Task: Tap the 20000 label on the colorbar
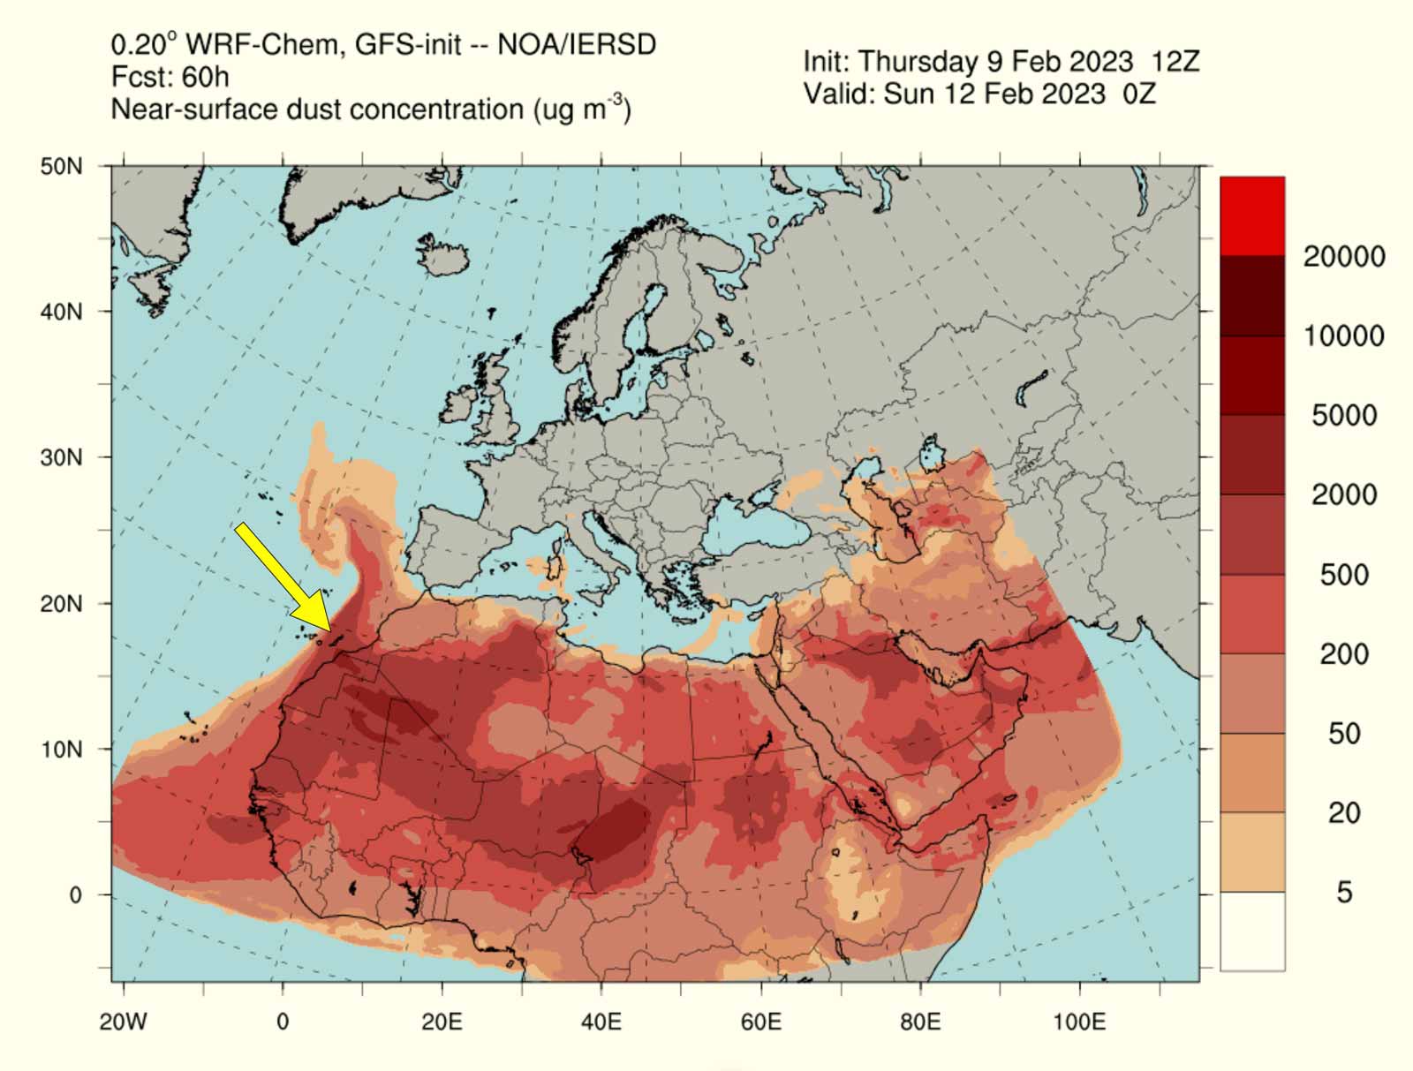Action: tap(1343, 257)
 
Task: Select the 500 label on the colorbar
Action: tap(1343, 575)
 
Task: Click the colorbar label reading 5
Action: tap(1343, 893)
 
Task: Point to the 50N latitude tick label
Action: tap(61, 167)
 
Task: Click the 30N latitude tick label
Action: tap(61, 457)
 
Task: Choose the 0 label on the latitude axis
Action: tap(75, 895)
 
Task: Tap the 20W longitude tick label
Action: tap(123, 1022)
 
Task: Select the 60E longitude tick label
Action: tap(760, 1022)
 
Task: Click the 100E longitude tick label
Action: tap(1078, 1022)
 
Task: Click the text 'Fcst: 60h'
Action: tap(170, 78)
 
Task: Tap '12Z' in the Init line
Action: tap(1175, 62)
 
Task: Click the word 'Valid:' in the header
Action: tap(839, 94)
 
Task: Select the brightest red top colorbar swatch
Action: tap(1252, 216)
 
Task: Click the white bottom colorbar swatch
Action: tap(1252, 931)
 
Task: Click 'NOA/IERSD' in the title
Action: tap(577, 44)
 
